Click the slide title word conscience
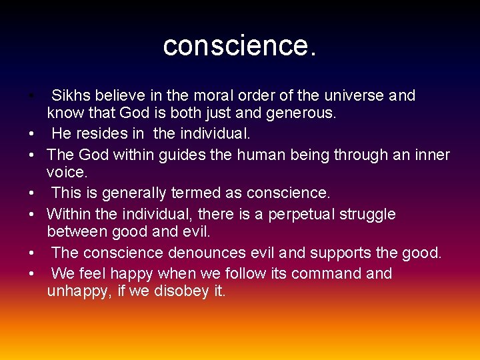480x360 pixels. pos(239,45)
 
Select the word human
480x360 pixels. pos(255,155)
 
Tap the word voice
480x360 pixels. pos(67,173)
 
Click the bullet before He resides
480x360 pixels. pos(31,134)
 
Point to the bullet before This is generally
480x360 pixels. pos(31,194)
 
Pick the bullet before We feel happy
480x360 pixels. pos(31,274)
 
